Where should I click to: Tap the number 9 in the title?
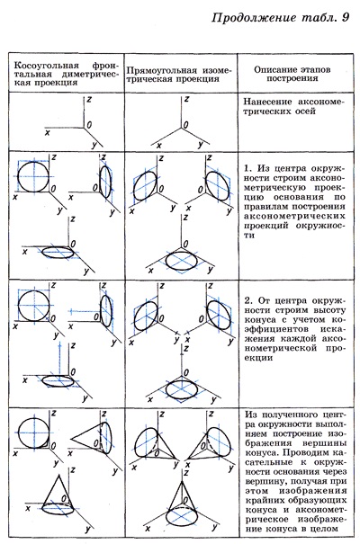pyautogui.click(x=346, y=17)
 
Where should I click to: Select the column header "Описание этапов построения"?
pyautogui.click(x=292, y=74)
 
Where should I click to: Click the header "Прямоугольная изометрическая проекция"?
pyautogui.click(x=178, y=75)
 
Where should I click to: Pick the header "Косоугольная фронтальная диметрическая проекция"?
pyautogui.click(x=66, y=74)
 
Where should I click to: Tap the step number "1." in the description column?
pyautogui.click(x=247, y=169)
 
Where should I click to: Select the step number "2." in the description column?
pyautogui.click(x=247, y=300)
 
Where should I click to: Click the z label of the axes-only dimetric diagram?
pyautogui.click(x=90, y=99)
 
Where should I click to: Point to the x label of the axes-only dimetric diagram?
pyautogui.click(x=47, y=132)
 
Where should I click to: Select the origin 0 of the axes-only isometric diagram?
pyautogui.click(x=186, y=125)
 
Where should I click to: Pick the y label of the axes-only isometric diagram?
pyautogui.click(x=201, y=145)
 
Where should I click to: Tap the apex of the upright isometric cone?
pyautogui.click(x=182, y=481)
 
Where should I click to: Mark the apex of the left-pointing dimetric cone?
pyautogui.click(x=71, y=439)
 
